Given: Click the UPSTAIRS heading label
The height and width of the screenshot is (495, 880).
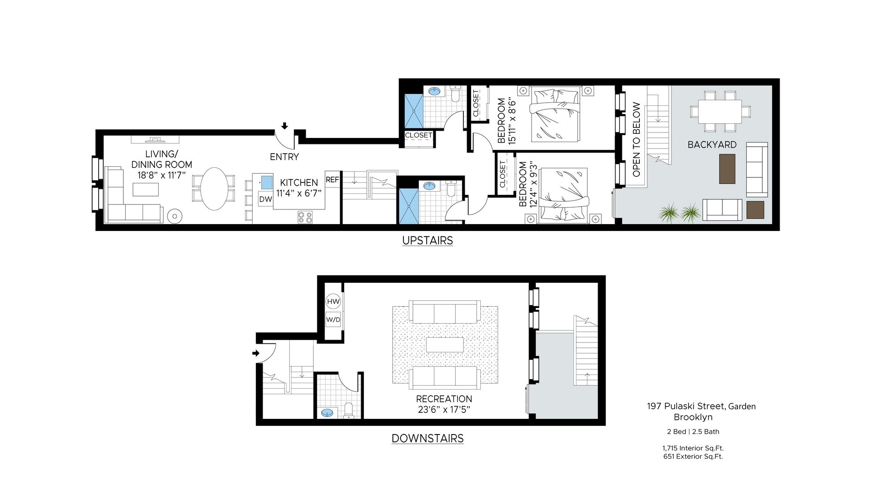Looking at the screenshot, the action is (428, 241).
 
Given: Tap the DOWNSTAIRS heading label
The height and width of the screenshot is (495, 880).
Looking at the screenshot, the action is (428, 439).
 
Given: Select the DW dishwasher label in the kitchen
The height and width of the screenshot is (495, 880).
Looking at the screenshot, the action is (266, 199).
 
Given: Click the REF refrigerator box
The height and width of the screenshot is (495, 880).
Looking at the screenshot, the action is (332, 180).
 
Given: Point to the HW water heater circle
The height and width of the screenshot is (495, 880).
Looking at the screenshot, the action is (334, 302).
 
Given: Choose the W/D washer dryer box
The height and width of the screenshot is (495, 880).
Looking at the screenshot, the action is (334, 319).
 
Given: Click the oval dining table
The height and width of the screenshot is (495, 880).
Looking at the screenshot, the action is (214, 188).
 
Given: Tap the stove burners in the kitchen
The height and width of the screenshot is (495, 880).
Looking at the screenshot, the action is (305, 217).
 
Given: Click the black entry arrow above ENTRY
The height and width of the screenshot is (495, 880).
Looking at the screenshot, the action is (285, 126).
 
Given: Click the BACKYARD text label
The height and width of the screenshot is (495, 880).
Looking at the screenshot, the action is (712, 145).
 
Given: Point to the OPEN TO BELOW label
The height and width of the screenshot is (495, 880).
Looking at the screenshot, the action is (636, 140).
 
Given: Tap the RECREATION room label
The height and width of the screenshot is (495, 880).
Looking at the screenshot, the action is (444, 399).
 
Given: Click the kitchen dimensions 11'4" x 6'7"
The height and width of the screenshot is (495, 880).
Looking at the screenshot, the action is (299, 193).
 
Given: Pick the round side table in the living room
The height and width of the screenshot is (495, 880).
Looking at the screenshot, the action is (175, 216).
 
